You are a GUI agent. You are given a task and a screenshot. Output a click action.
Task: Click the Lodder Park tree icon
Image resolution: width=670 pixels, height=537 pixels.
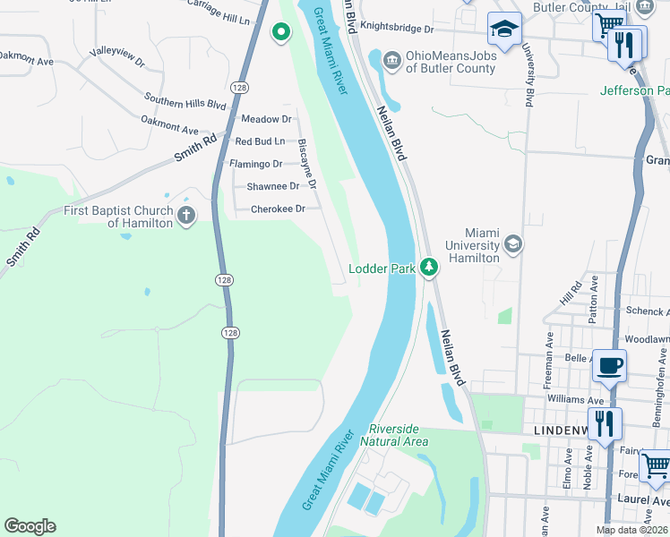coord(430,268)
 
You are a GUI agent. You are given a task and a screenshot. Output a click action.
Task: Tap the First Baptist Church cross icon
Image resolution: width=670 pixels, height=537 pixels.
coord(186,215)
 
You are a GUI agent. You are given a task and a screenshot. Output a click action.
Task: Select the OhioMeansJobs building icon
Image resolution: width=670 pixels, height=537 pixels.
coord(392,60)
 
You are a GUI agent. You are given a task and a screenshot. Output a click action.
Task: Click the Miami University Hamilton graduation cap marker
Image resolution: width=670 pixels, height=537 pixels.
coord(513,243)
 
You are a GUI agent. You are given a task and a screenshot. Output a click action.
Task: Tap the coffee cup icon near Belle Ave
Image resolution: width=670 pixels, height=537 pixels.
coord(609,366)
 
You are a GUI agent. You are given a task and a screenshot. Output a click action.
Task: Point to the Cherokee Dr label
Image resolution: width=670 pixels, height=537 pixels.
coord(278,209)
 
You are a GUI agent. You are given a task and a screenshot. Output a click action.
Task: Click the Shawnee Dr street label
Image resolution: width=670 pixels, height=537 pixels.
coord(273,186)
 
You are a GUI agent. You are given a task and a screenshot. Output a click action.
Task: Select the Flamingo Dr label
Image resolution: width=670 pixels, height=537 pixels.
coord(255,164)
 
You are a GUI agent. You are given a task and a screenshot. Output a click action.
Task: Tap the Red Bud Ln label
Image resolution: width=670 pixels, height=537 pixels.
coord(259,141)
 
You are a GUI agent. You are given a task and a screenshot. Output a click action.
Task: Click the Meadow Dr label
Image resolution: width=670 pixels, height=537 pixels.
coord(267,119)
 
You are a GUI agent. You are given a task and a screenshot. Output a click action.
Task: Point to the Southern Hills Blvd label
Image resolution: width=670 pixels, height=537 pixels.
coord(185,99)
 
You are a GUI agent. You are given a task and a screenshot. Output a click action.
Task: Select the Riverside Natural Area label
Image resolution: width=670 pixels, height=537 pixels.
coord(394,435)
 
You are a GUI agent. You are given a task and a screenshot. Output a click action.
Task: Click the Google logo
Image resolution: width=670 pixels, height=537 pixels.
coord(30,526)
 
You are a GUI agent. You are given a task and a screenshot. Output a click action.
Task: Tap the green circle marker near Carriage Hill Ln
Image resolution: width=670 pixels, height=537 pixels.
coord(281,34)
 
